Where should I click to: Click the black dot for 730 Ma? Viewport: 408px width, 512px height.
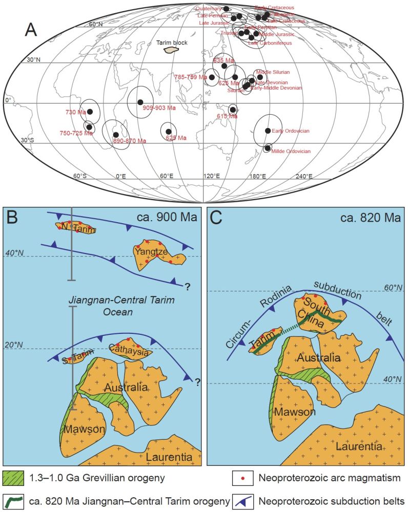click(x=90, y=112)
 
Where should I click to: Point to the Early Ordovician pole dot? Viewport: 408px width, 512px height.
click(x=268, y=131)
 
